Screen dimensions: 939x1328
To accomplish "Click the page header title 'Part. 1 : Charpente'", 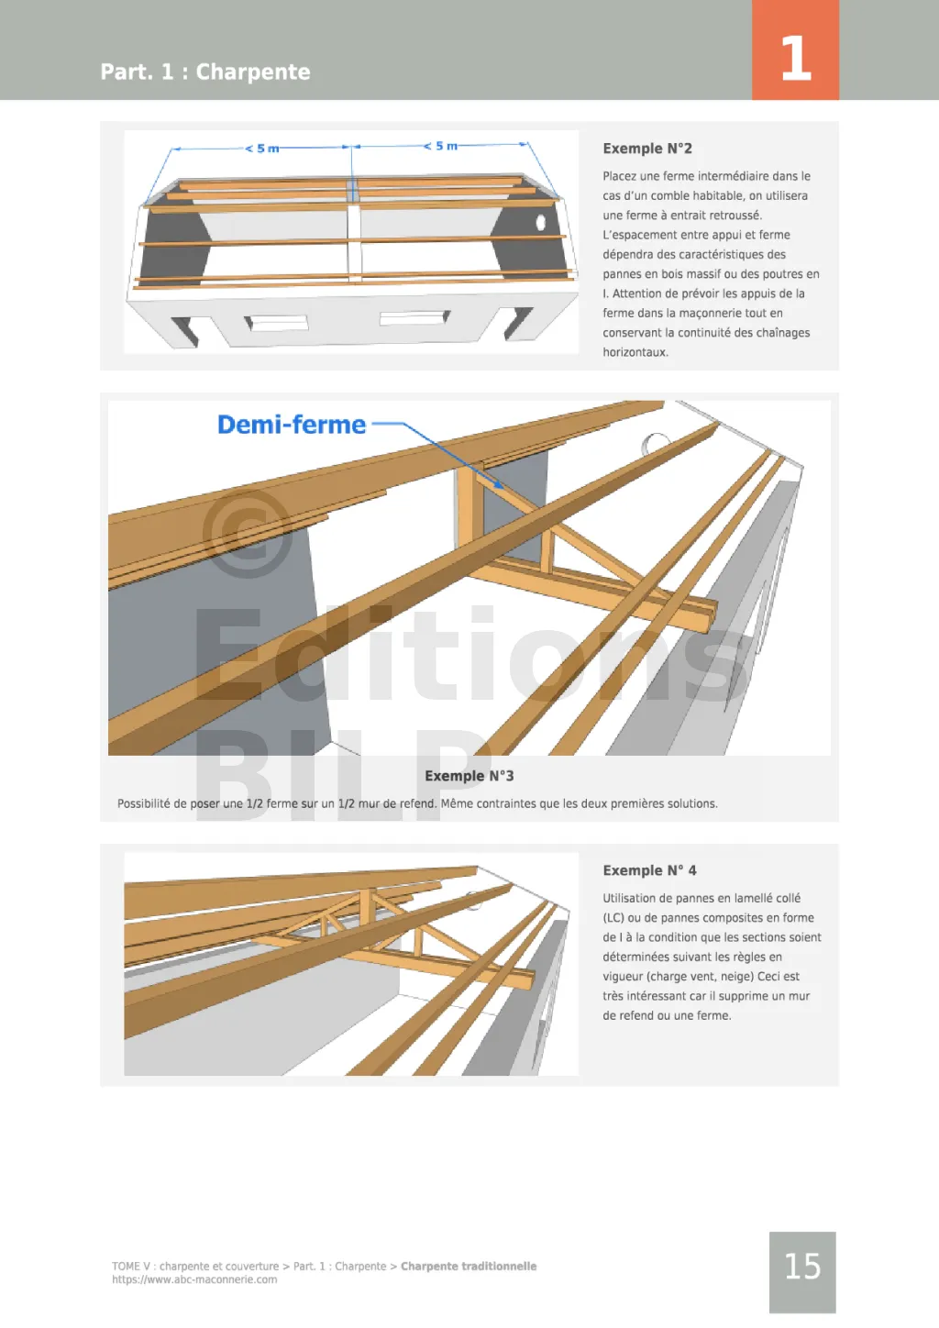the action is (x=205, y=72).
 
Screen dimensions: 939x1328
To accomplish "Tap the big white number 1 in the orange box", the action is (x=796, y=58).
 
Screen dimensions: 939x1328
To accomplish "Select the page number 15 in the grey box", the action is (x=802, y=1266).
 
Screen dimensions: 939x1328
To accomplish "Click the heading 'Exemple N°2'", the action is (x=647, y=149).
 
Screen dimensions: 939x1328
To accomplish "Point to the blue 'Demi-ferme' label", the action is (x=292, y=425).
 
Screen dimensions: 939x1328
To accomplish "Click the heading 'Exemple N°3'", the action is (x=469, y=776).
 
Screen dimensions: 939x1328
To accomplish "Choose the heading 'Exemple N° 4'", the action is (x=650, y=870).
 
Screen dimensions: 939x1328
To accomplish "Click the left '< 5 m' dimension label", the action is (x=262, y=149).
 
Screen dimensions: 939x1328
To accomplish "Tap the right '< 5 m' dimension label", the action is (x=440, y=146).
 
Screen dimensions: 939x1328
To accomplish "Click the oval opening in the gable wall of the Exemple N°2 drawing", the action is (x=541, y=222).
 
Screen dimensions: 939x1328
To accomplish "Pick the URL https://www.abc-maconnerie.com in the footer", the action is (x=194, y=1279).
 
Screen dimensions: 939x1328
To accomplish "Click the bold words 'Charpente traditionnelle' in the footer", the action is (x=469, y=1266).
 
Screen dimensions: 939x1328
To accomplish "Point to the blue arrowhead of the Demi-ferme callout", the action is (x=499, y=485).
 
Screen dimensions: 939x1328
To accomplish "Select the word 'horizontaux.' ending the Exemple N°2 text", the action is (x=635, y=352).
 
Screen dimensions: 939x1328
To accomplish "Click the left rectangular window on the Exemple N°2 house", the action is (x=277, y=323).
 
